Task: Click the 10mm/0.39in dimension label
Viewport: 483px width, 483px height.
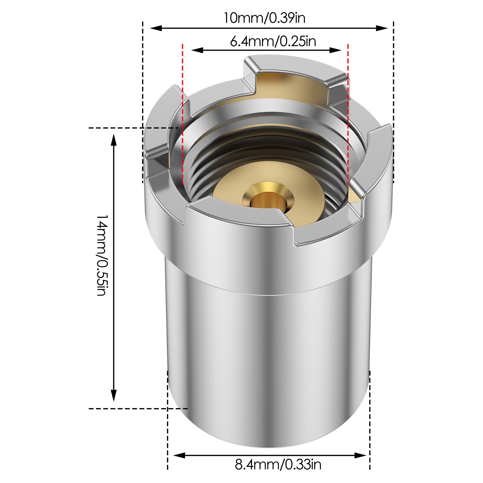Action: click(x=264, y=18)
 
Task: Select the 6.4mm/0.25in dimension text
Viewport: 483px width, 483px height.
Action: click(x=273, y=41)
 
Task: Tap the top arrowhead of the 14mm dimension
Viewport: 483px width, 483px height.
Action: click(x=114, y=140)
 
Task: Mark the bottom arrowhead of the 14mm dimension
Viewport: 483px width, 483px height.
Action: click(x=114, y=395)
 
